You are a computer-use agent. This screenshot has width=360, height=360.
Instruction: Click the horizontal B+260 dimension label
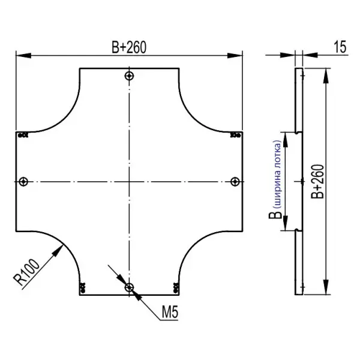129,47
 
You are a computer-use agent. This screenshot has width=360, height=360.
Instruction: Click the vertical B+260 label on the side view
317,181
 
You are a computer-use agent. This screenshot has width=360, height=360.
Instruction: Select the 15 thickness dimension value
340,47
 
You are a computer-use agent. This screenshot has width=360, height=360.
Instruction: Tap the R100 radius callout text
26,272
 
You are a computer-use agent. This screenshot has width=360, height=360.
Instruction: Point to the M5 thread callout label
170,312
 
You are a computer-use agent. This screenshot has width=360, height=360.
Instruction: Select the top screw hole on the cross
129,76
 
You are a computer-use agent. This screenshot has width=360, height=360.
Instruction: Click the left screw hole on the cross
23,182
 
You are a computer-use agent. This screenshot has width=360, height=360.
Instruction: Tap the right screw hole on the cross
235,182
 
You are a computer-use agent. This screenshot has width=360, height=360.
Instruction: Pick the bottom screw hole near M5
129,287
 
